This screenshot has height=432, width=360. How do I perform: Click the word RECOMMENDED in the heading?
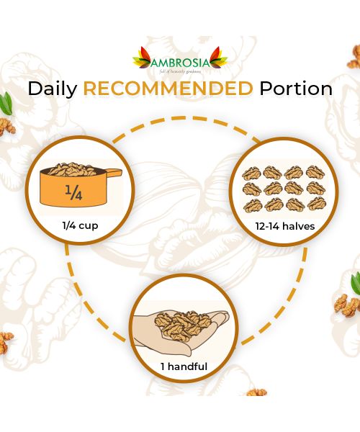[168, 89]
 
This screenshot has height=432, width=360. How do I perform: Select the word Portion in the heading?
[294, 89]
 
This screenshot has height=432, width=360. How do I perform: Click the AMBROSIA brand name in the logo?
[180, 61]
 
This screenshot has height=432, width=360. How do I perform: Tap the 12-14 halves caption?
[283, 226]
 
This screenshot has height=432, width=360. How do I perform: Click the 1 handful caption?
[184, 366]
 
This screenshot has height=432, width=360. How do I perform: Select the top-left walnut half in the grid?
[251, 173]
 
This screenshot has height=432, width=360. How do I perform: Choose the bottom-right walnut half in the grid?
[315, 205]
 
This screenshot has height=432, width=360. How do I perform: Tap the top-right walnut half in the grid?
[315, 173]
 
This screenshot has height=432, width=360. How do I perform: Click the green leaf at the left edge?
[6, 104]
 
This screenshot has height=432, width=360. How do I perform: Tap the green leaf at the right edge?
[355, 280]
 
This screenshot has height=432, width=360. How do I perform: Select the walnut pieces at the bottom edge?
[256, 392]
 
